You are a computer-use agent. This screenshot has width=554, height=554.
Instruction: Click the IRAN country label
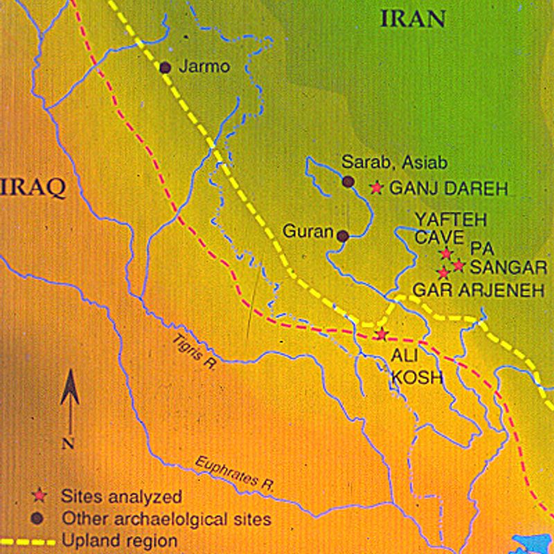[413, 19]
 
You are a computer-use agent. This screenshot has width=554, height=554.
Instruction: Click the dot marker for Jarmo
[166, 67]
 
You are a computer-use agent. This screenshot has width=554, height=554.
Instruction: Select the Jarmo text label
[203, 67]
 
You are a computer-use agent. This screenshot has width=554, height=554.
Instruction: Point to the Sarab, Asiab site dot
[348, 181]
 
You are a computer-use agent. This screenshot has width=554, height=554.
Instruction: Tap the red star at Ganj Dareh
[377, 187]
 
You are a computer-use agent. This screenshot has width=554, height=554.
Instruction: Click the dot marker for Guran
[343, 235]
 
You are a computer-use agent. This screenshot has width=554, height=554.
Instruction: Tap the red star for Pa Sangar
[458, 265]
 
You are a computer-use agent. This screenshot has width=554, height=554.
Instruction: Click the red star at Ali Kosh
[380, 335]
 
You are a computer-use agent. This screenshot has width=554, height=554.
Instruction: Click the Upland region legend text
[119, 539]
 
